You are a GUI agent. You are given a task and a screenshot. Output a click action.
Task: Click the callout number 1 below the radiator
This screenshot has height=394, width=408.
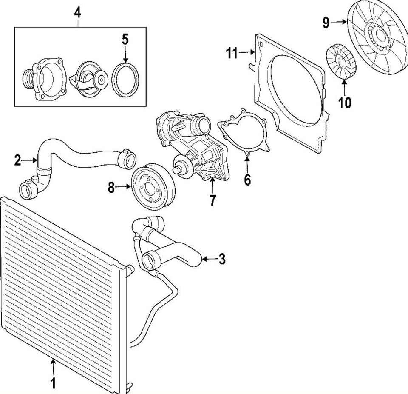[x=53, y=383]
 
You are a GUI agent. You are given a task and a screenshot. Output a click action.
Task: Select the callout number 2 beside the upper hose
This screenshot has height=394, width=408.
[x=17, y=160]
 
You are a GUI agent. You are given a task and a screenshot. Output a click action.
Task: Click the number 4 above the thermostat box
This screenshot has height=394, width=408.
[x=78, y=12]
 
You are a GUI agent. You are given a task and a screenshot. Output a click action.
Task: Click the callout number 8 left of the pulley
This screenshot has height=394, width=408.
[x=111, y=187]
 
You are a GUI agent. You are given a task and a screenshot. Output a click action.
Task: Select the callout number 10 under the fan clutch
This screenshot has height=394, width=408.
[x=345, y=103]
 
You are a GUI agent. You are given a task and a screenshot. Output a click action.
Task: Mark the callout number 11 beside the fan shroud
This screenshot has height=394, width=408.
[x=232, y=53]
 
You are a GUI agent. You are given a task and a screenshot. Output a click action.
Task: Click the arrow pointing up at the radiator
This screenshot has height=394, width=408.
[x=53, y=366]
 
